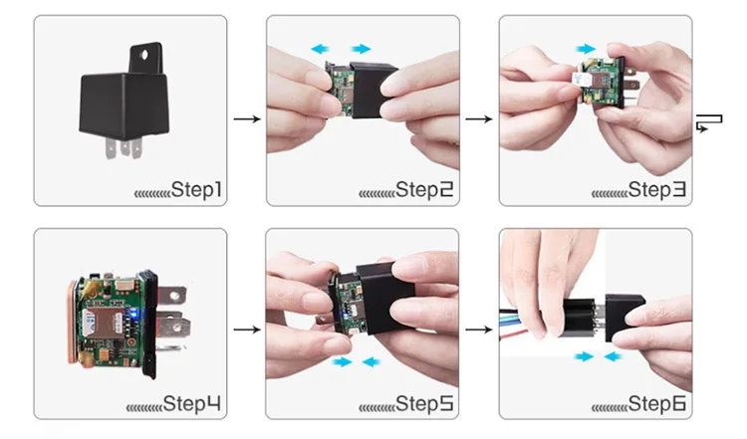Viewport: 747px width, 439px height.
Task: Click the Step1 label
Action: [196, 189]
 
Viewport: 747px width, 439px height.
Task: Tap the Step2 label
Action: [424, 189]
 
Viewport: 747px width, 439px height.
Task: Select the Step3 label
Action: [657, 189]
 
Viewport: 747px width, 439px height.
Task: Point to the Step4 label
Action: [192, 404]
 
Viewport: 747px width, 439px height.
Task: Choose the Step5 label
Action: [424, 404]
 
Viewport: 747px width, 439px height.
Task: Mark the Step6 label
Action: [657, 404]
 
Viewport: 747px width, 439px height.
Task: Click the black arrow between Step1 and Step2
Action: [247, 118]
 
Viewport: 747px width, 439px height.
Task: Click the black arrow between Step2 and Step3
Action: [479, 118]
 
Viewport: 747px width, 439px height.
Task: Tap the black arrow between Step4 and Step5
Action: [247, 329]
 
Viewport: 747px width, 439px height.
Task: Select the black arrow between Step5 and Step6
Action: [479, 329]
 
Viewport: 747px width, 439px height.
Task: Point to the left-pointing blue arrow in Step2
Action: [320, 49]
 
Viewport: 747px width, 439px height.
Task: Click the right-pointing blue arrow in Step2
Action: [362, 49]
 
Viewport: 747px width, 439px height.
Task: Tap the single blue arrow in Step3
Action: [586, 49]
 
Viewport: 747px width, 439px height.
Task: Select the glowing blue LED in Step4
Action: [134, 313]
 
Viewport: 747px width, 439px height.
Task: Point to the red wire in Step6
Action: [515, 334]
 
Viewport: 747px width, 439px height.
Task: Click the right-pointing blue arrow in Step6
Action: [584, 356]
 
